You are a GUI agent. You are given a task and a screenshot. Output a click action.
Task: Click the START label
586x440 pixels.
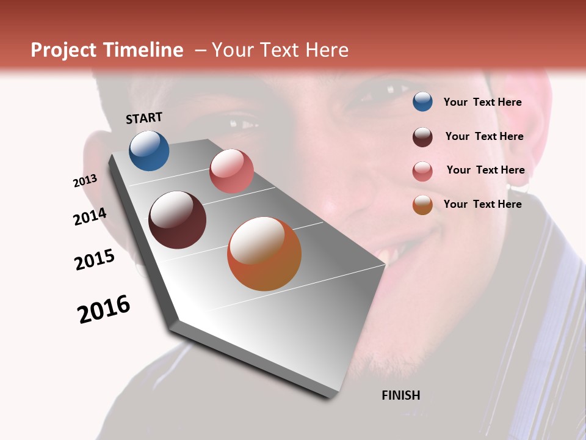(144, 118)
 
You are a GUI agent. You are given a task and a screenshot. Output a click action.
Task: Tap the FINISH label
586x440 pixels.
(400, 395)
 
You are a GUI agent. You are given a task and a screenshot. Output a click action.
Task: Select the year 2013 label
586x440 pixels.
(85, 181)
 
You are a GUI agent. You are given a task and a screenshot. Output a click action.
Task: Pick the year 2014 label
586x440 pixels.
(90, 217)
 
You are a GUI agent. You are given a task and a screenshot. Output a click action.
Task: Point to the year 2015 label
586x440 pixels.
(95, 260)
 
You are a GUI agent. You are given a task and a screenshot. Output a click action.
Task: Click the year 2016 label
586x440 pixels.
(104, 309)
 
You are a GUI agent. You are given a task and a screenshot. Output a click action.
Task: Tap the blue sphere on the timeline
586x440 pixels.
(149, 150)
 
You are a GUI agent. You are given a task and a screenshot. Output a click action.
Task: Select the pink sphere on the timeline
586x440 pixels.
(231, 171)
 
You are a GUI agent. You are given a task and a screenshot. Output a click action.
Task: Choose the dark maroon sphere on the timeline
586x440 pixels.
(178, 220)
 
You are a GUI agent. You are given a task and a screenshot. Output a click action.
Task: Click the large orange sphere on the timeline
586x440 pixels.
(264, 254)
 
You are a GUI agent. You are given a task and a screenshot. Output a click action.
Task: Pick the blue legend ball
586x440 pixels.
(422, 101)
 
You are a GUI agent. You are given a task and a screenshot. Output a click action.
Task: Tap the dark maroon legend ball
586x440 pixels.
(422, 136)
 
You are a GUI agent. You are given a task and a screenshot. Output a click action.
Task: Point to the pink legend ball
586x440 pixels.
(422, 170)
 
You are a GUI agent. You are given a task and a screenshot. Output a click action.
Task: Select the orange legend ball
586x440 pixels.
(422, 205)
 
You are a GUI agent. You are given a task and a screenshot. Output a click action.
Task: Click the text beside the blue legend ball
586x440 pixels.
(482, 102)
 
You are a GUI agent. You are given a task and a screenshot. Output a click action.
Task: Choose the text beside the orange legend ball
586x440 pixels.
(482, 204)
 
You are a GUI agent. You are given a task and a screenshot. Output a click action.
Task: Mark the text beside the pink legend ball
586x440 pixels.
(485, 170)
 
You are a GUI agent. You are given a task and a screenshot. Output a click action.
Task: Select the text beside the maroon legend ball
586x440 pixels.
(484, 136)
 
